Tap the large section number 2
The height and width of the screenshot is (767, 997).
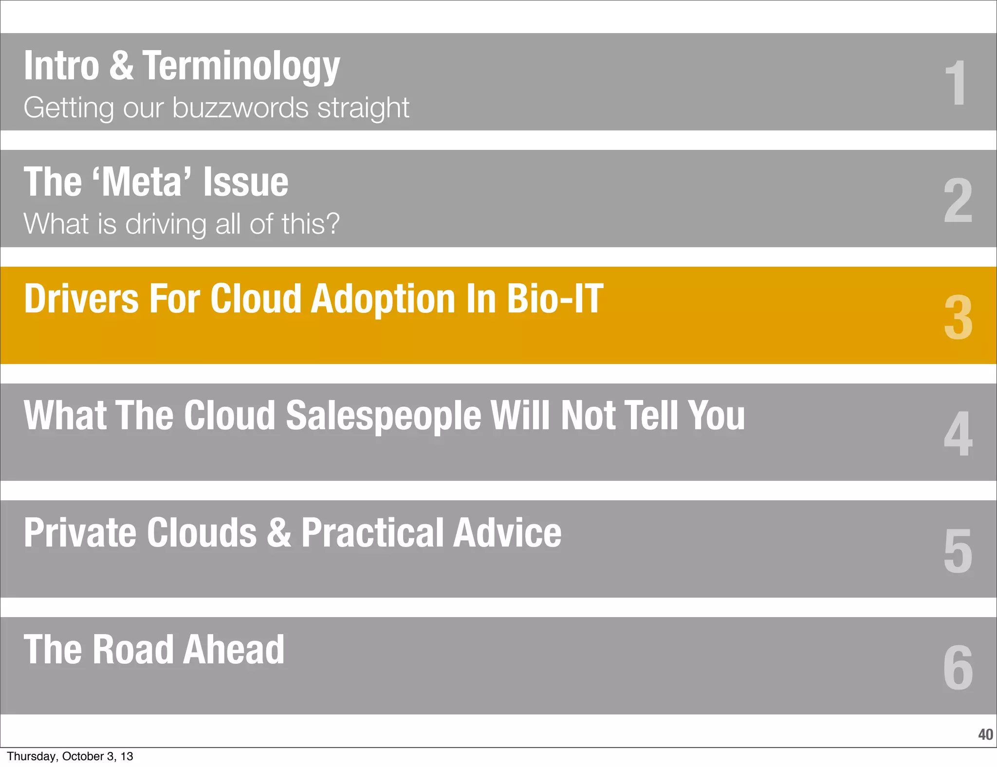pos(958,200)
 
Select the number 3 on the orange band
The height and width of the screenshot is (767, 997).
pos(958,317)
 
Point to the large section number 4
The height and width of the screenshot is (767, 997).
pos(958,434)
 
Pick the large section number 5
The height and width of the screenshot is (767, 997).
pos(958,550)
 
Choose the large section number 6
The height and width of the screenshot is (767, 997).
pos(958,667)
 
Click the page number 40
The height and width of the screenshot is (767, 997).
pos(985,734)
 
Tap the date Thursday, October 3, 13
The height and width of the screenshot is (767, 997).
pos(70,756)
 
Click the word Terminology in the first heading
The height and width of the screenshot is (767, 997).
pos(241,67)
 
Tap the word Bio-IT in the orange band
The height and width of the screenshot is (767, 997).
pos(554,298)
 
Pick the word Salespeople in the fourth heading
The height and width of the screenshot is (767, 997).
pos(383,416)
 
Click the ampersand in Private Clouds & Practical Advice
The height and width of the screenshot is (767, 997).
pos(279,532)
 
